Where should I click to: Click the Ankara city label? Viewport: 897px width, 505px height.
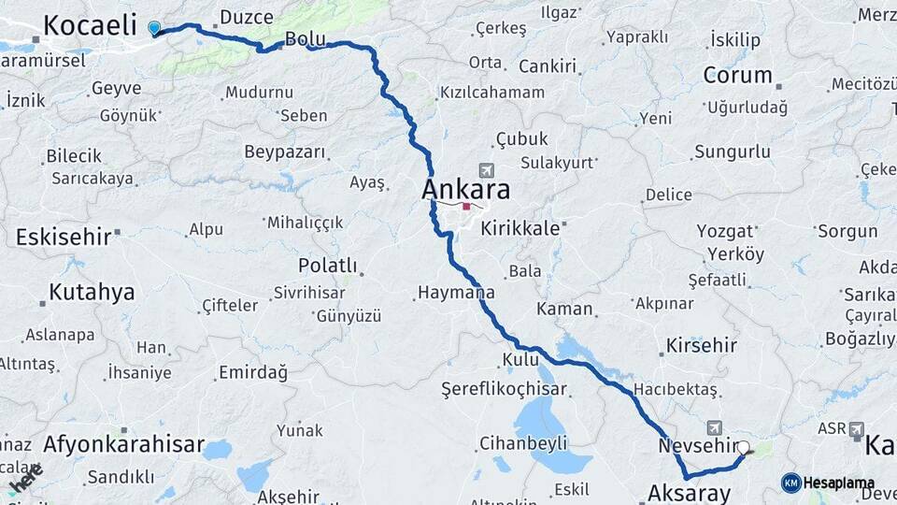pos(466,190)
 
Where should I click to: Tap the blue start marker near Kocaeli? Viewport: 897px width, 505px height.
pos(154,29)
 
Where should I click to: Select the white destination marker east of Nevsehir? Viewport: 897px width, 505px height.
pos(744,448)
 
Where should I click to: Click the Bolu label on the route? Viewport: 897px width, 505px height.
pos(305,39)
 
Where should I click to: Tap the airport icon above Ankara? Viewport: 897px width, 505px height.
pos(485,170)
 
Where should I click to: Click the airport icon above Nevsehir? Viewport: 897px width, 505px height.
pos(716,426)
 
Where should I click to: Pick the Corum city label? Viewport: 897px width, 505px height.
pos(737,75)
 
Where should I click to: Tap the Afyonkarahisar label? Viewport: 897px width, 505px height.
pos(123,444)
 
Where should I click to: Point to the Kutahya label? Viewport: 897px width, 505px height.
pos(92,292)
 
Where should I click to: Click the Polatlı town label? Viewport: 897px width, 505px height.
pos(327,266)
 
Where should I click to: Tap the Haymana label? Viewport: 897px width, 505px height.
pos(455,293)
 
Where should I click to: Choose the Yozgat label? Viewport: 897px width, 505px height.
pos(724,231)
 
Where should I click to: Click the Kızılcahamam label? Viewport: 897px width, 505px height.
pos(492,92)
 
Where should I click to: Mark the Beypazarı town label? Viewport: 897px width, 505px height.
pos(284,151)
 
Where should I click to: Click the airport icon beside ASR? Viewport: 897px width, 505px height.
pos(857,428)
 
